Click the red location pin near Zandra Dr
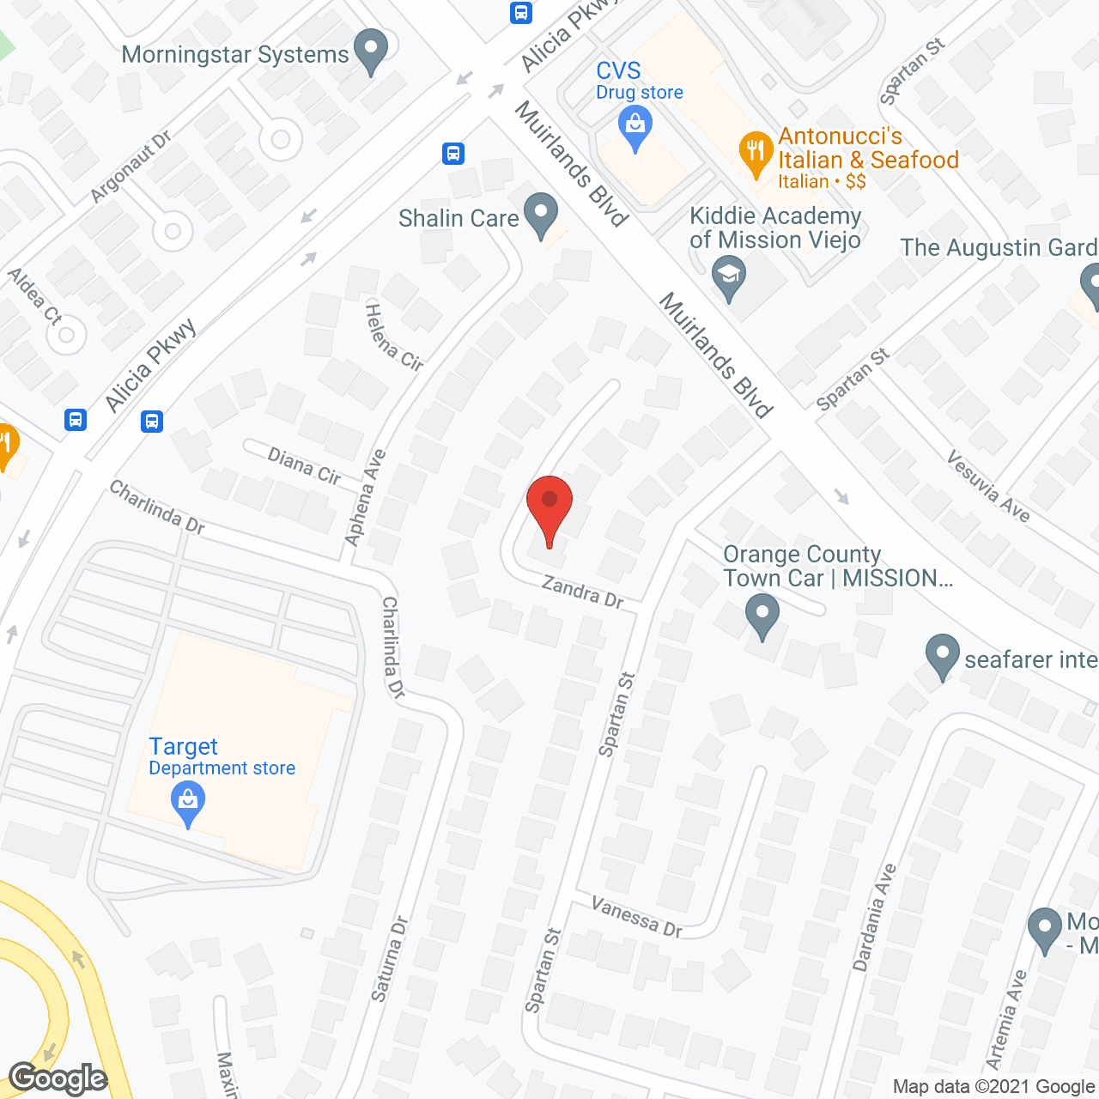tap(549, 507)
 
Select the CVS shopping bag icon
tap(635, 130)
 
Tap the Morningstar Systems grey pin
tap(371, 51)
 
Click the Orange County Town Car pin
tap(762, 616)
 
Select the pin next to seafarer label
tap(942, 657)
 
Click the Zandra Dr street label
tap(583, 592)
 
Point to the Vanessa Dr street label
tap(637, 916)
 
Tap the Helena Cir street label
tap(394, 337)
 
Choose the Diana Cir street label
tap(304, 465)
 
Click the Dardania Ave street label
tap(874, 918)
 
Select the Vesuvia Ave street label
tap(988, 486)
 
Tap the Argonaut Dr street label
tap(131, 167)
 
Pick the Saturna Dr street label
tap(389, 960)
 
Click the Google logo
tap(58, 1078)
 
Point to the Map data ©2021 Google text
tap(993, 1087)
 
